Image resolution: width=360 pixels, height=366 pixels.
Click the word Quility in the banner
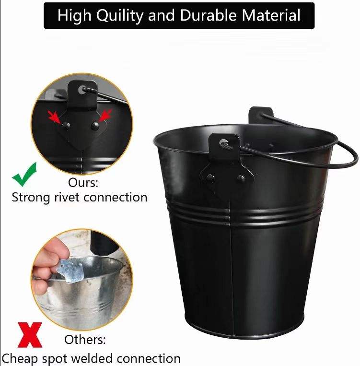120,16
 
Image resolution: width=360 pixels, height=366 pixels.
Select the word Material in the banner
271,15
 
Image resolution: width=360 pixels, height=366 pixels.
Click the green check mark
24,174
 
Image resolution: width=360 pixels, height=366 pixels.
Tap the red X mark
30,335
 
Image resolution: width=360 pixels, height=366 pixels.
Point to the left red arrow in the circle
54,117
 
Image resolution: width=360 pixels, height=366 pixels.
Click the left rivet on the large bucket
210,178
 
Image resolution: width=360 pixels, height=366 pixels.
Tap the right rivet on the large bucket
241,179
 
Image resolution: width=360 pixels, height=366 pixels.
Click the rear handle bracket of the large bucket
260,115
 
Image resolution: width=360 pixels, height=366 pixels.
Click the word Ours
83,183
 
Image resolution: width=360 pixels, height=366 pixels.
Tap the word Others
85,340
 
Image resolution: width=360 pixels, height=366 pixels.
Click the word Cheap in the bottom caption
20,359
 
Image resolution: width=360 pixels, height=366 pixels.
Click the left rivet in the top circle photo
66,126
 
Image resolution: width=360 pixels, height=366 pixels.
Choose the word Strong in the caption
31,198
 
